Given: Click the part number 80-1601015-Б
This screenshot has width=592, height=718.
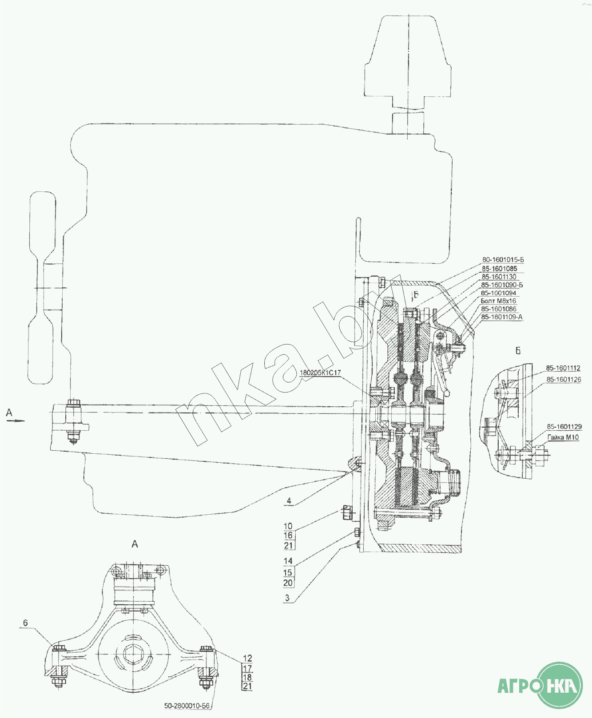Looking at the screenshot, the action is pyautogui.click(x=503, y=260).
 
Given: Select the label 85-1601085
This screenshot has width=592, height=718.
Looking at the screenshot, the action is pyautogui.click(x=499, y=269).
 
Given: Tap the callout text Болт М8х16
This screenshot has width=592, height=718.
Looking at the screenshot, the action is pyautogui.click(x=498, y=301).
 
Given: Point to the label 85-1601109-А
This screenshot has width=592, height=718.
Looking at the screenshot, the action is pyautogui.click(x=501, y=317).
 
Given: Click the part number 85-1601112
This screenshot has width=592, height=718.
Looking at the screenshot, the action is pyautogui.click(x=563, y=368).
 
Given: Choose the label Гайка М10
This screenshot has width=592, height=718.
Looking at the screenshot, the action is pyautogui.click(x=563, y=437).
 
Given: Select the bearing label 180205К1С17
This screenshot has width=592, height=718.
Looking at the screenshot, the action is pyautogui.click(x=320, y=373).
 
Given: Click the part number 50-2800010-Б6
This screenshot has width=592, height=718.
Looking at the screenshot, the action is pyautogui.click(x=187, y=706).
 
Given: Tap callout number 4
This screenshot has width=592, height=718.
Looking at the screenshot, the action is pyautogui.click(x=289, y=501).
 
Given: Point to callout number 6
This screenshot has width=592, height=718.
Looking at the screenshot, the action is pyautogui.click(x=25, y=623).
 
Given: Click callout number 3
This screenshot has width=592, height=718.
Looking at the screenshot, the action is pyautogui.click(x=287, y=598).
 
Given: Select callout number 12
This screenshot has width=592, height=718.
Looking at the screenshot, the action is pyautogui.click(x=247, y=658).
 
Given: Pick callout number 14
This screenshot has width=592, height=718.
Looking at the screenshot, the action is pyautogui.click(x=288, y=561).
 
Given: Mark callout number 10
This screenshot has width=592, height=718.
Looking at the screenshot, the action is pyautogui.click(x=288, y=526).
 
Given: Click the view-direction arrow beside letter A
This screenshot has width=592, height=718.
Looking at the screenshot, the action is pyautogui.click(x=16, y=420).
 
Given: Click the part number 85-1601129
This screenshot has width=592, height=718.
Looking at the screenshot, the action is pyautogui.click(x=564, y=427).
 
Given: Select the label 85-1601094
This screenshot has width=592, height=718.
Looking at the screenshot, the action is pyautogui.click(x=498, y=293).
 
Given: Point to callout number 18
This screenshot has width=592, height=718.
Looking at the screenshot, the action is pyautogui.click(x=247, y=678).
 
